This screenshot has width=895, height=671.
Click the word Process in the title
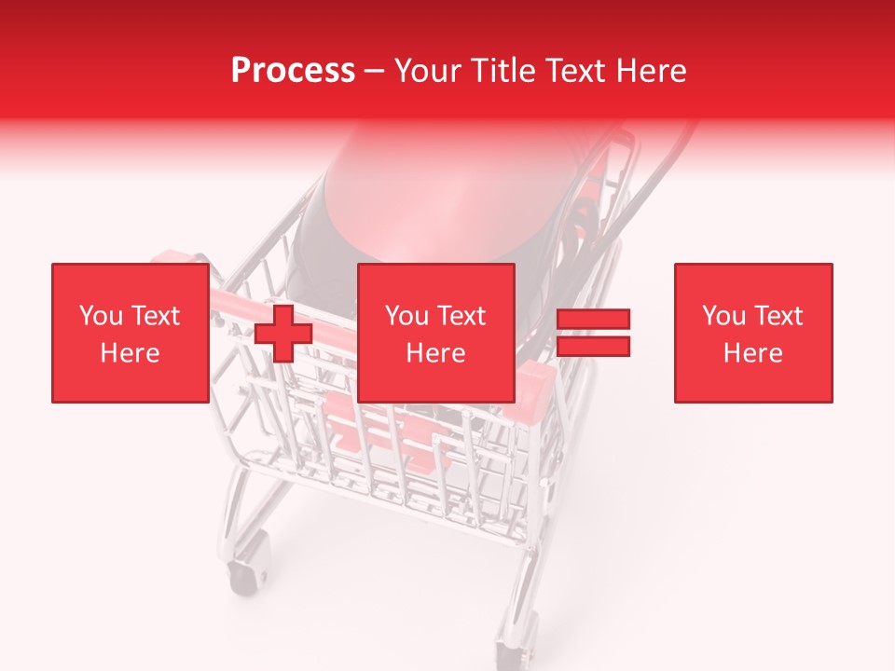point(293,71)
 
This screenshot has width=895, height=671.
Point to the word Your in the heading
point(427,71)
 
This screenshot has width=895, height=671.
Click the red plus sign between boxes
point(283,333)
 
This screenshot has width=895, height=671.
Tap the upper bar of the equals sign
point(594,320)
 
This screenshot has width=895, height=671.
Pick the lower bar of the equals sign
point(594,347)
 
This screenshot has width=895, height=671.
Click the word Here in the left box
point(130,353)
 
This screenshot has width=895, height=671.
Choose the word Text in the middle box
point(461,316)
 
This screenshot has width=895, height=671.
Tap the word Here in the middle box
point(435,353)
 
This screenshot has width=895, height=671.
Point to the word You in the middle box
point(406,316)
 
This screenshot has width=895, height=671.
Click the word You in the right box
point(723,316)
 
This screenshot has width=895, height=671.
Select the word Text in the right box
point(778,316)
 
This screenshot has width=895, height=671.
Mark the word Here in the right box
point(752,353)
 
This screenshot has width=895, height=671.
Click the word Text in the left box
point(155,316)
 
